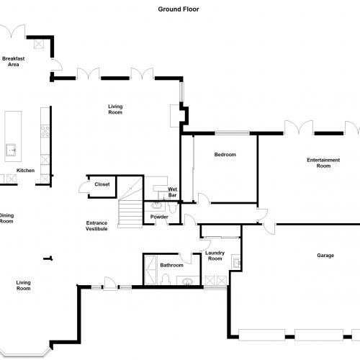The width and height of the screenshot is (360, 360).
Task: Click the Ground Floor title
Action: [x=179, y=9]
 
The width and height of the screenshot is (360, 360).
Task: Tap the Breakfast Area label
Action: [x=14, y=61]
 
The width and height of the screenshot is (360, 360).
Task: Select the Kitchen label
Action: [x=25, y=171]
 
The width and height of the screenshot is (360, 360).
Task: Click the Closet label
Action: [x=102, y=184]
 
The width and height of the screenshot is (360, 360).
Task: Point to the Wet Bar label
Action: [x=172, y=192]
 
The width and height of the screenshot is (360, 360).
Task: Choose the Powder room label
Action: [x=159, y=217]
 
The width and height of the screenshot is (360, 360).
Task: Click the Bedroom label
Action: [x=225, y=155]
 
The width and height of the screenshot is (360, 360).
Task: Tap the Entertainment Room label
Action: [x=323, y=163]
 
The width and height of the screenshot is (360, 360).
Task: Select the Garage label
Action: [x=325, y=256]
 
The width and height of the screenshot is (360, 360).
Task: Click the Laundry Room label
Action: [x=215, y=256]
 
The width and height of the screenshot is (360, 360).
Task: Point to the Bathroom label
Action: [x=171, y=265]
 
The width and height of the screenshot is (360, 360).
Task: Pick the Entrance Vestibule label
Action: [x=96, y=226]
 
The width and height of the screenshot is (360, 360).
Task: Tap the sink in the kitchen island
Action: [x=11, y=150]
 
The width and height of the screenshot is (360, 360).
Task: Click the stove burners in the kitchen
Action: [x=45, y=131]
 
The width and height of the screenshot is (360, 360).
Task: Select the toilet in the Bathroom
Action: [x=166, y=279]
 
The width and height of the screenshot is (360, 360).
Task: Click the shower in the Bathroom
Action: [x=150, y=270]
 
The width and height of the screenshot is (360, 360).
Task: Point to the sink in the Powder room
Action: [x=157, y=206]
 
